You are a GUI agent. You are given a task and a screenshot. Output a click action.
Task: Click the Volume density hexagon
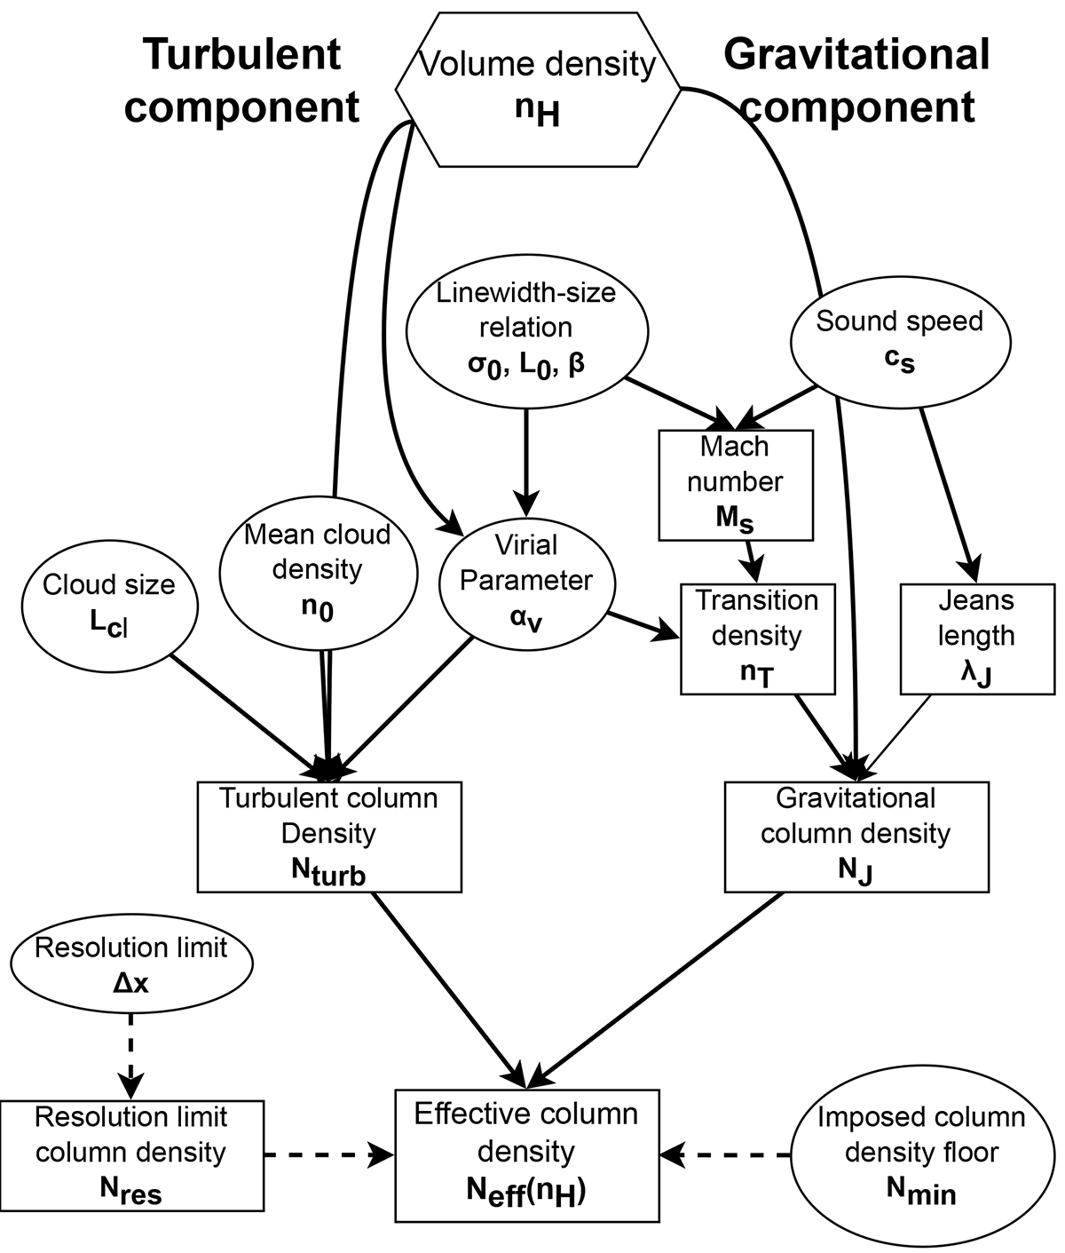pos(538,89)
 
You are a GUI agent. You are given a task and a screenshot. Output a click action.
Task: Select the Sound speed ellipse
pos(900,342)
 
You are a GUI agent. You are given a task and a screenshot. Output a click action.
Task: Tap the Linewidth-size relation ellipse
pos(526,329)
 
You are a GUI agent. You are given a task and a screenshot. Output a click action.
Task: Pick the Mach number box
pos(736,485)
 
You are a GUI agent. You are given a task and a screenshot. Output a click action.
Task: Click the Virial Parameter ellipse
pos(526,582)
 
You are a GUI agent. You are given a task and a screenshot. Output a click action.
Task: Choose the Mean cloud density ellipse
pos(317,573)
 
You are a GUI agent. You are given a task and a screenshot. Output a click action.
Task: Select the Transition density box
pos(757,638)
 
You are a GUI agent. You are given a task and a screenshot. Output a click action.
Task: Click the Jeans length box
pos(976,638)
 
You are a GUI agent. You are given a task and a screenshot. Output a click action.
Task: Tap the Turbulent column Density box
pos(328,836)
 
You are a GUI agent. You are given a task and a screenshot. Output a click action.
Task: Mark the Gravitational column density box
pos(856,836)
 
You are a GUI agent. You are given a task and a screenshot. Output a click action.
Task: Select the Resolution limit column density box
pos(131,1154)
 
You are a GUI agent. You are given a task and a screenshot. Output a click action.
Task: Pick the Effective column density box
pos(526,1154)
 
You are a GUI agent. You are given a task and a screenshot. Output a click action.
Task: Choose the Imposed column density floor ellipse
pos(921,1154)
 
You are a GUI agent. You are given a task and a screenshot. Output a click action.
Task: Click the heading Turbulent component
pos(241,82)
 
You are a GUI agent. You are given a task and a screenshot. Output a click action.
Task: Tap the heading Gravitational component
pos(856,82)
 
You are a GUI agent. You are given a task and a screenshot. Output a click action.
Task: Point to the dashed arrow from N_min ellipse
pos(726,1154)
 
